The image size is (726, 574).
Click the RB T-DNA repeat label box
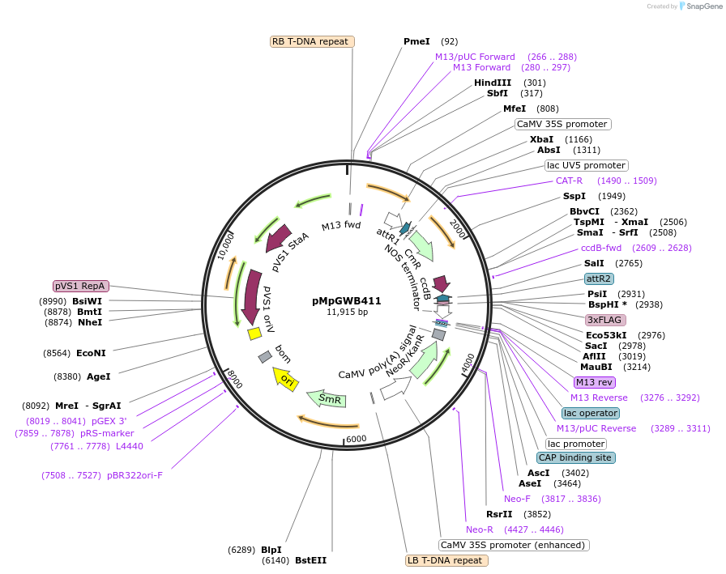pyautogui.click(x=312, y=41)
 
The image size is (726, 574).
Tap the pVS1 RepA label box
pyautogui.click(x=80, y=286)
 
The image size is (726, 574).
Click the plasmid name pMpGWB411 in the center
pyautogui.click(x=346, y=300)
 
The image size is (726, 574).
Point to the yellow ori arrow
pyautogui.click(x=286, y=378)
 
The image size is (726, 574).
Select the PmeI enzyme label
pyautogui.click(x=417, y=41)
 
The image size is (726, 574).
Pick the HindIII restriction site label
pyautogui.click(x=493, y=83)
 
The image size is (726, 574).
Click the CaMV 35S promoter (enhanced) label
pyautogui.click(x=514, y=545)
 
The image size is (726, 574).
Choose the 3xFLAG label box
pyautogui.click(x=606, y=320)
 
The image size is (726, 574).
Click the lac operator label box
pyautogui.click(x=591, y=413)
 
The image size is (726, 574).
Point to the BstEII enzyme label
pyautogui.click(x=310, y=560)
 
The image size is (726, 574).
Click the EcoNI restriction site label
pyautogui.click(x=91, y=353)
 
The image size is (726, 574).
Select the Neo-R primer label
pyautogui.click(x=481, y=529)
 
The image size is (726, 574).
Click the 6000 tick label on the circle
pyautogui.click(x=357, y=439)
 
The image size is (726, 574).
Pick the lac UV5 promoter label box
pyautogui.click(x=586, y=165)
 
